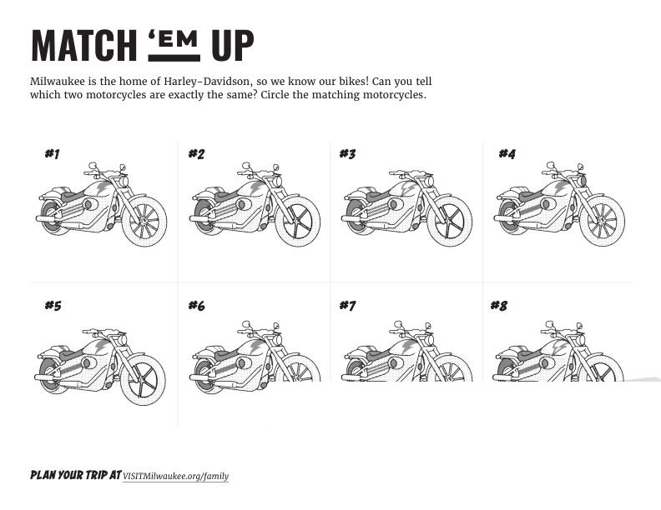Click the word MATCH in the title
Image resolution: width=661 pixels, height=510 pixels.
click(x=84, y=46)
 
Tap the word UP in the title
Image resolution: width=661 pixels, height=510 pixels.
click(x=233, y=46)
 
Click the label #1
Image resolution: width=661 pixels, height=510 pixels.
click(x=53, y=154)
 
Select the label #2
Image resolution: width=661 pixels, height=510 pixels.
click(x=196, y=154)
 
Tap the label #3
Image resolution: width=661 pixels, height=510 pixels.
click(x=348, y=154)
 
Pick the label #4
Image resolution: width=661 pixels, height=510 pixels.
click(x=507, y=154)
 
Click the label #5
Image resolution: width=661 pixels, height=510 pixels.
click(x=53, y=305)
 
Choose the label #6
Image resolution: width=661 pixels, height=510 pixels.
click(x=196, y=305)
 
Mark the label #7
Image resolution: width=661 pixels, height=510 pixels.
click(x=348, y=305)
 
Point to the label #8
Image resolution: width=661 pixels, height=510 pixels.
click(x=499, y=305)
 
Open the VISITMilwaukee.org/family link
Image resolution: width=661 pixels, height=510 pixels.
click(x=176, y=477)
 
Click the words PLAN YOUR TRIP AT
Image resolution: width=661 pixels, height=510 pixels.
click(x=76, y=475)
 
